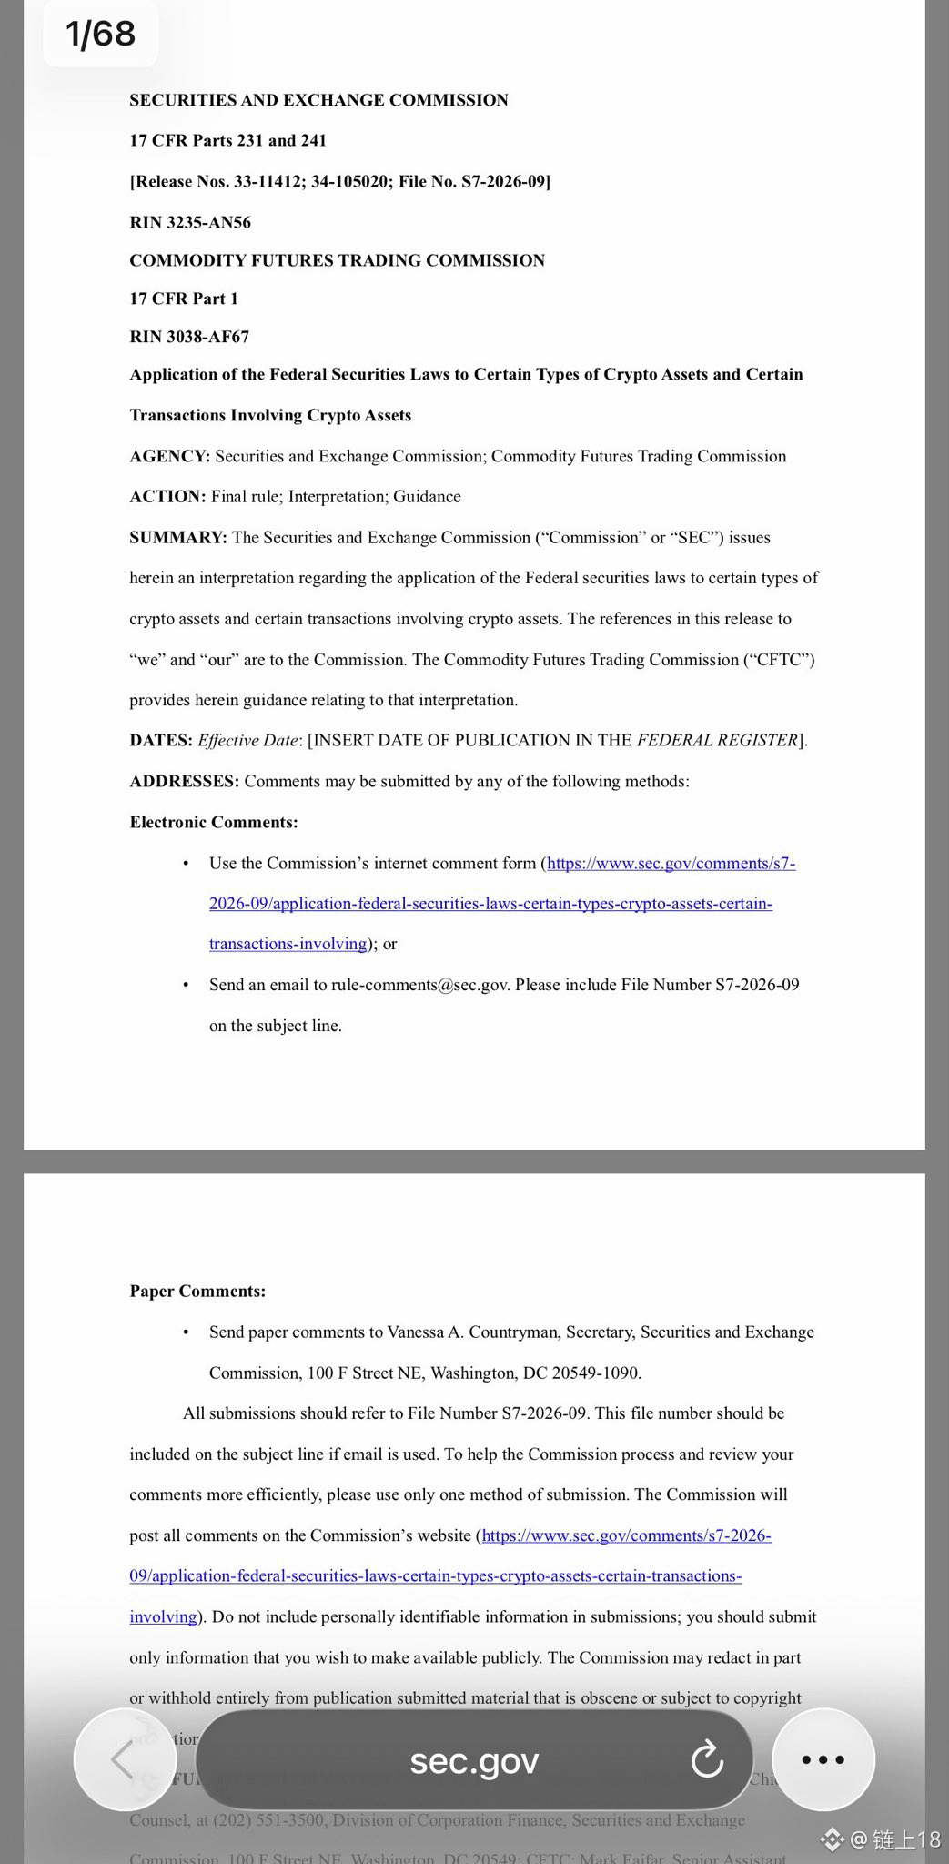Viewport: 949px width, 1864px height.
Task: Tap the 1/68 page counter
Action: coord(100,35)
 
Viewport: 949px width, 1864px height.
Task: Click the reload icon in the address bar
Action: coord(706,1760)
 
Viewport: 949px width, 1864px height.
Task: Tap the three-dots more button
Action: coord(823,1760)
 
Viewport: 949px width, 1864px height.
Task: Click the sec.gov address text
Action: coord(474,1760)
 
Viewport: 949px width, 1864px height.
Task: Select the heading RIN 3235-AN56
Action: coord(190,222)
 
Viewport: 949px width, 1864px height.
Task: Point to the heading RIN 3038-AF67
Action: coord(189,337)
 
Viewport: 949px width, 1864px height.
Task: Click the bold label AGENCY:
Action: coord(169,456)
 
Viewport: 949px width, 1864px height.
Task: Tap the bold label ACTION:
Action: coord(167,496)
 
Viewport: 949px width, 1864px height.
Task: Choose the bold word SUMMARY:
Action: coord(177,537)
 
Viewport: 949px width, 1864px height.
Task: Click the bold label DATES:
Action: coord(161,740)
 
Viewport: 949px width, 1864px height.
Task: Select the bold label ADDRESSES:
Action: coord(184,781)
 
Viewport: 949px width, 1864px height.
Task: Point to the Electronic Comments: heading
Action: coord(214,822)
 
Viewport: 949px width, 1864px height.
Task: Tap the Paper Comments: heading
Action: coord(197,1291)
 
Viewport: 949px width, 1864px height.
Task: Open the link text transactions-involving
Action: coord(288,944)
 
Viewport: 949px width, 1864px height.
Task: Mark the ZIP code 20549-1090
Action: coord(596,1373)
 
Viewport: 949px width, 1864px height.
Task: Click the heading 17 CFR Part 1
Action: coord(184,299)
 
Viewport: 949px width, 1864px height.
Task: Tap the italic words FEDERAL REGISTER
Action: coord(717,740)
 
